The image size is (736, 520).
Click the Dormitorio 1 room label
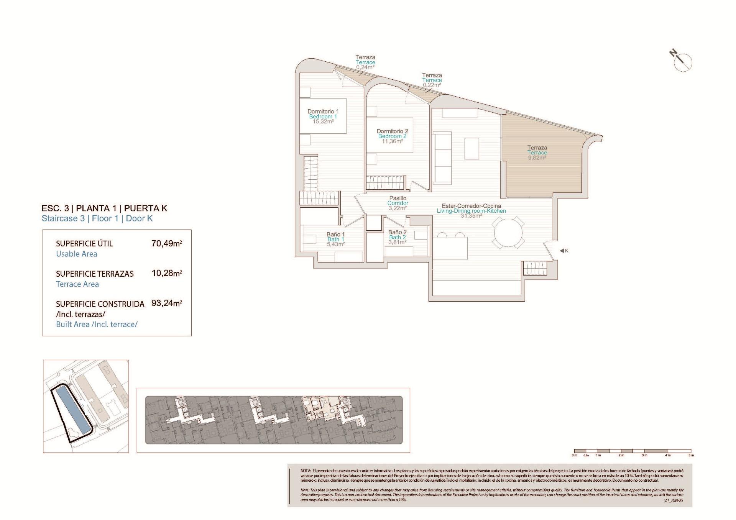click(323, 112)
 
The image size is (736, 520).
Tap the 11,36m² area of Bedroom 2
click(392, 141)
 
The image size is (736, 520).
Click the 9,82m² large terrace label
click(537, 157)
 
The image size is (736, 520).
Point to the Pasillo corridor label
click(398, 198)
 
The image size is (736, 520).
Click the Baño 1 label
click(336, 234)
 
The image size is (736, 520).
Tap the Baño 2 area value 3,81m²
click(397, 242)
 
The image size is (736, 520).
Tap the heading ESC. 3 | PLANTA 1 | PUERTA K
click(104, 208)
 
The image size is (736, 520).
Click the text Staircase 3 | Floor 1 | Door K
click(97, 218)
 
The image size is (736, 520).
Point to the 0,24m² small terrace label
click(365, 67)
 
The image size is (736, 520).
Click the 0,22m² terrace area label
click(432, 85)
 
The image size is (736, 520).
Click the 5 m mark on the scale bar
click(691, 455)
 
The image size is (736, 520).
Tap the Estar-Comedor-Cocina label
click(471, 206)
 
